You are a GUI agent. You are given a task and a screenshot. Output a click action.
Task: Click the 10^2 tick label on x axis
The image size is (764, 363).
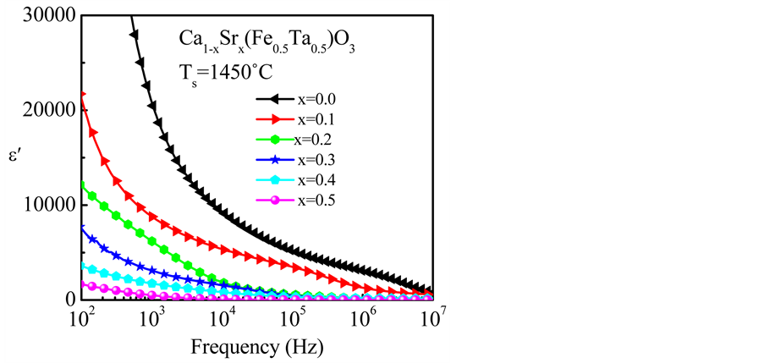83,318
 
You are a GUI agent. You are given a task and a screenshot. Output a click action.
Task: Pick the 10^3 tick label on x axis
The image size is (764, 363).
152,318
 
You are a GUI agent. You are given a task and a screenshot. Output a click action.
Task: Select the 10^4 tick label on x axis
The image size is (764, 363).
223,318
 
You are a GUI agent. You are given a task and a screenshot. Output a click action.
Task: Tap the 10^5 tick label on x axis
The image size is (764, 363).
293,318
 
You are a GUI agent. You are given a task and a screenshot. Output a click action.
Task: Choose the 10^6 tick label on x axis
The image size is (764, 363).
363,318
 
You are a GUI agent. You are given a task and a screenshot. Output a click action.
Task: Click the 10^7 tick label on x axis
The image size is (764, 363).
432,318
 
